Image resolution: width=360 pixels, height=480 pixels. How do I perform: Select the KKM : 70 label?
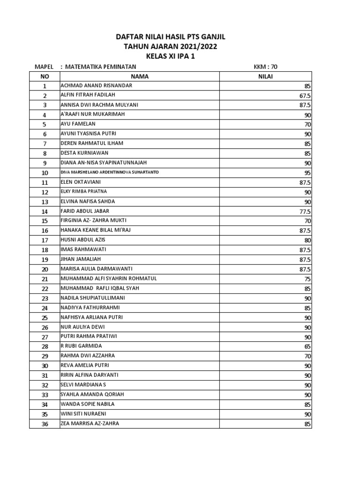265,67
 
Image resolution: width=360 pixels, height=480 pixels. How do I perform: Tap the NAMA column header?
139,76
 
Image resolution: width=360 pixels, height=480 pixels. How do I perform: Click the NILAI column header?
266,76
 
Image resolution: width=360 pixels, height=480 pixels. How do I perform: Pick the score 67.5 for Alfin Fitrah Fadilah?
305,96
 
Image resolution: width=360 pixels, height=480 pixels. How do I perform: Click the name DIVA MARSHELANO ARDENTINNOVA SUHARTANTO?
110,172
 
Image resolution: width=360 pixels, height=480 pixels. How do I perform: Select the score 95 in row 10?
307,172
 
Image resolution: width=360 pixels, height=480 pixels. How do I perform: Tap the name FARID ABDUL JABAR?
85,211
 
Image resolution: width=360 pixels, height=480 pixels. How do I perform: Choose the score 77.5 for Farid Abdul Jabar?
305,211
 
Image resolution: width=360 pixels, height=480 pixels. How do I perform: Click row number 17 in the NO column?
45,240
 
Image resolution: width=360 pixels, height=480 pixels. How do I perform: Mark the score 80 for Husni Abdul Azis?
307,240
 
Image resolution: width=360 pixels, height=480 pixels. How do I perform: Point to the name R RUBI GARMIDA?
81,346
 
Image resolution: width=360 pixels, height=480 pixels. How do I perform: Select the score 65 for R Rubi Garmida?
307,346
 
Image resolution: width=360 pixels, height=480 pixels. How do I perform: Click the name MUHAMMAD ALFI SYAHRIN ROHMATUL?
109,278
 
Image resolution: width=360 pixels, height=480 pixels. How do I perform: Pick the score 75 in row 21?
307,279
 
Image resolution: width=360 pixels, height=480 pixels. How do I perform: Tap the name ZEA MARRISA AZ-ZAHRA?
90,423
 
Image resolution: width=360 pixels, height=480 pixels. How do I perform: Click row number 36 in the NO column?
45,424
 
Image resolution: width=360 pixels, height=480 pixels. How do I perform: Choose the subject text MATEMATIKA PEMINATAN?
101,67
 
